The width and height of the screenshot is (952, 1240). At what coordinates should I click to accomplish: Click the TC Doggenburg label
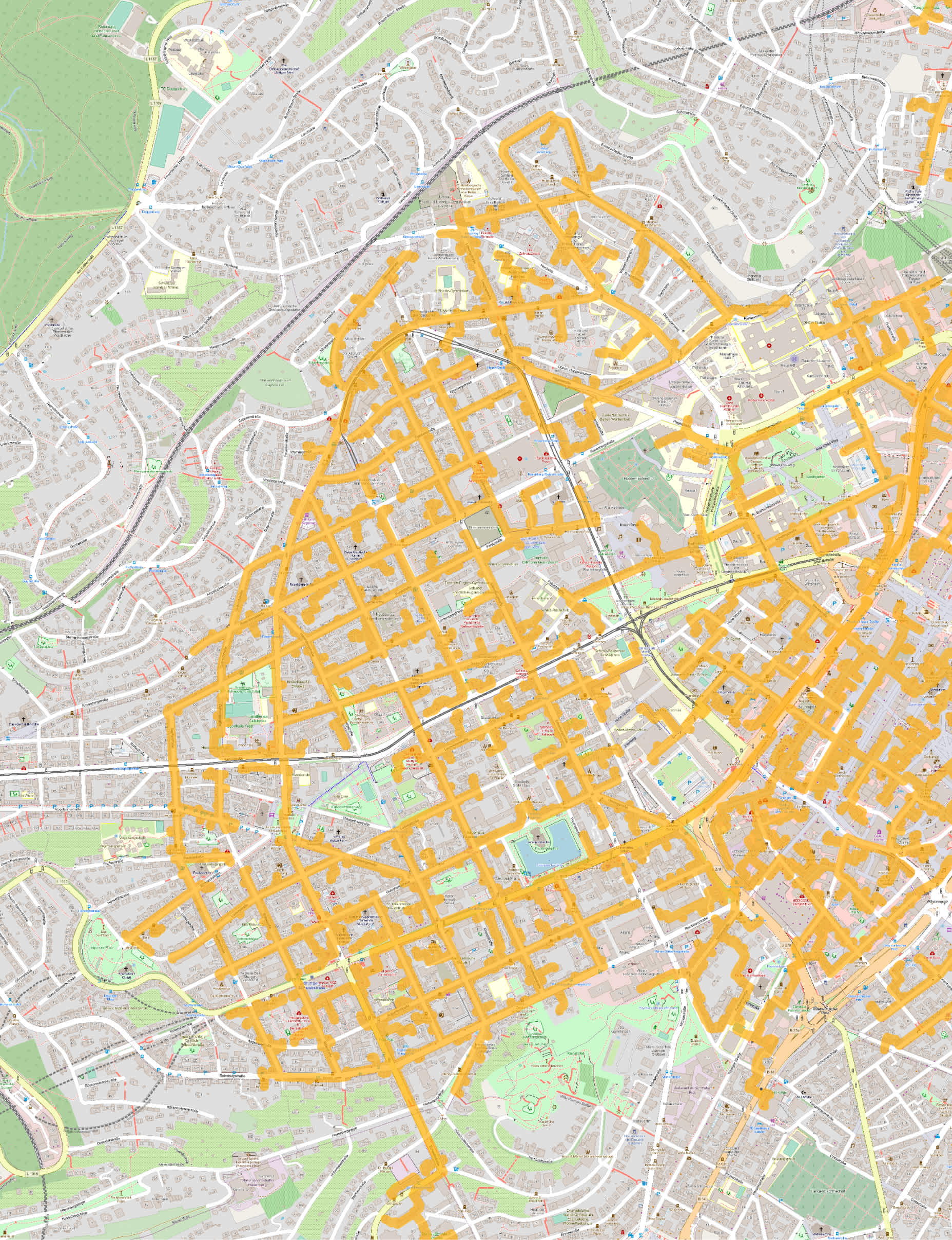pos(170,89)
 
